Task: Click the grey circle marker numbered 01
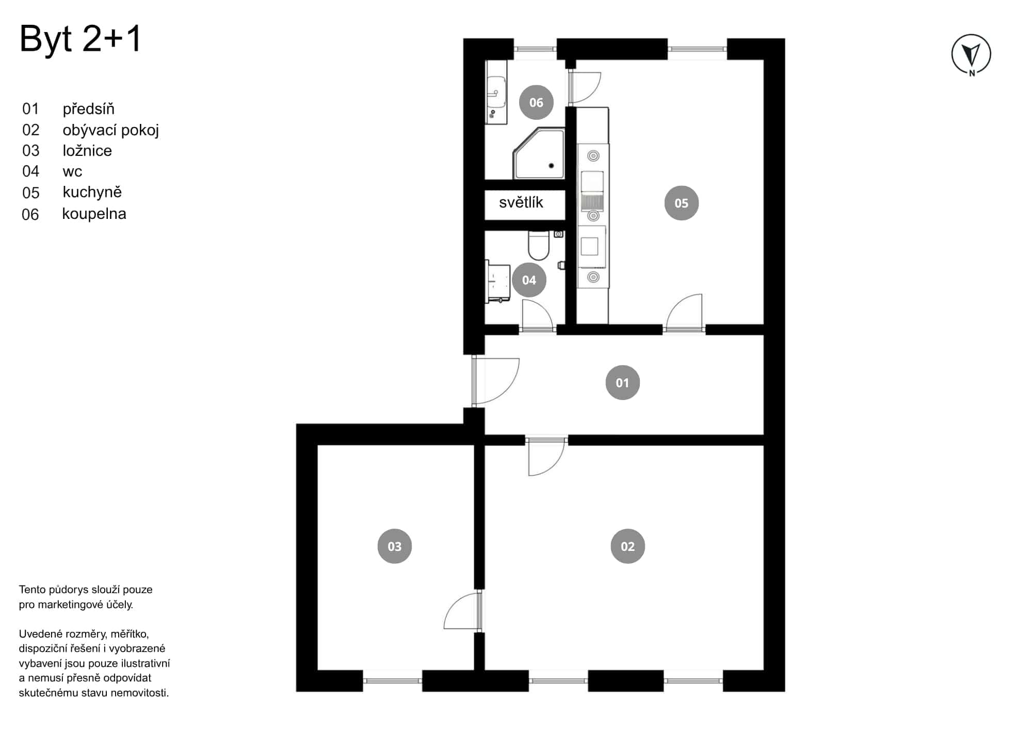point(622,383)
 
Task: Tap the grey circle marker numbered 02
point(627,546)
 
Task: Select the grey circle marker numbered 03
point(395,546)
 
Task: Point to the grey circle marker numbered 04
point(529,280)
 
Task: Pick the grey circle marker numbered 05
point(681,203)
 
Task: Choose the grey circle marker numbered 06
point(536,102)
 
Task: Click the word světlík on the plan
point(521,202)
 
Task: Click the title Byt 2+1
point(80,39)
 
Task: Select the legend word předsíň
point(88,109)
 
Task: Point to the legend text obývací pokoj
point(110,130)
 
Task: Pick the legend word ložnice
point(87,151)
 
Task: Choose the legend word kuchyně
point(92,192)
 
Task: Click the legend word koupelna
point(94,214)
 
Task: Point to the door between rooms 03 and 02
point(463,611)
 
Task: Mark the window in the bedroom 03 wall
point(393,680)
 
